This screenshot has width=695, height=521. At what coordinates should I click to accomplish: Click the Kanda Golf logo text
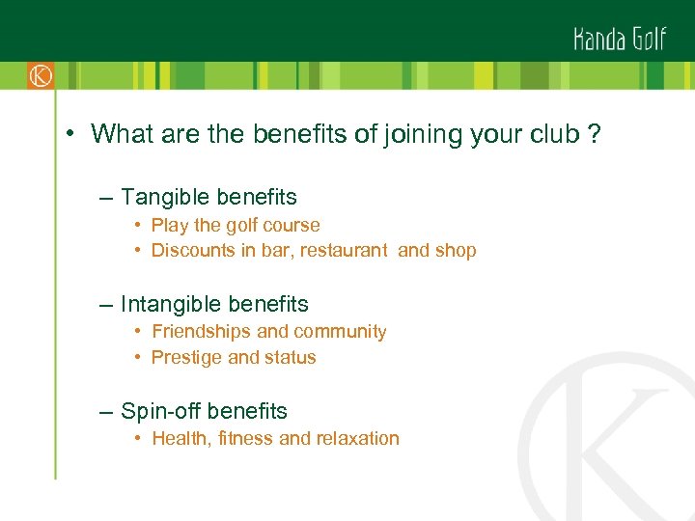click(x=619, y=39)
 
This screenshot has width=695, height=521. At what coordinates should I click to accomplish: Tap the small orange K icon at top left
click(x=40, y=75)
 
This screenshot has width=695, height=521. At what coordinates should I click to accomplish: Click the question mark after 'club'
click(x=593, y=134)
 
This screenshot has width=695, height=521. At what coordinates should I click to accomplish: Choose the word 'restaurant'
click(x=346, y=251)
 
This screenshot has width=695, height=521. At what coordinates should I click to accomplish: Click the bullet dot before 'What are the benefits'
click(x=71, y=134)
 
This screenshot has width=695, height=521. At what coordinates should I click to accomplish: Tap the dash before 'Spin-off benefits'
click(x=104, y=412)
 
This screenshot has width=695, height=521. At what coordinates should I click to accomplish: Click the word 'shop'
click(x=457, y=251)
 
